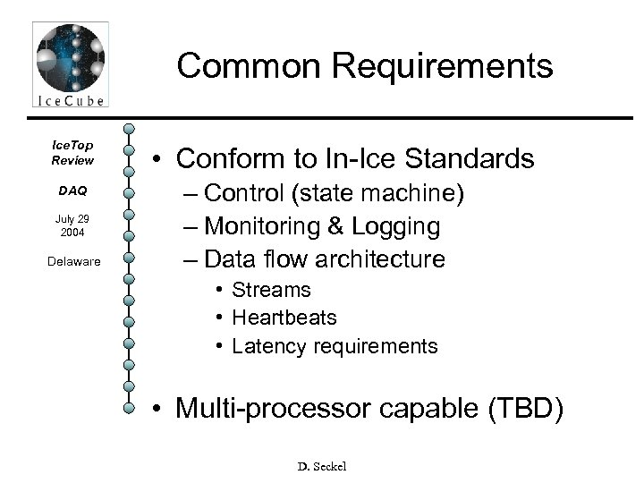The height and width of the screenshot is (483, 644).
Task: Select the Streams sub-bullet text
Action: pyautogui.click(x=271, y=290)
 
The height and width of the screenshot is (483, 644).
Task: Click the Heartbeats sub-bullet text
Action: pyautogui.click(x=284, y=318)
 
